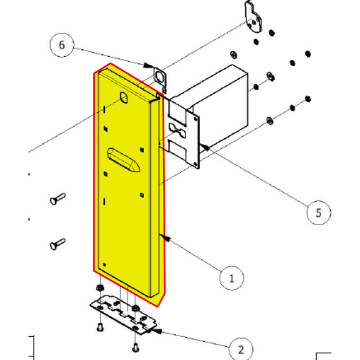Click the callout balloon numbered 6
(62, 45)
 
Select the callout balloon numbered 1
(231, 278)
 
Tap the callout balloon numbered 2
(241, 350)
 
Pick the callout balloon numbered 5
(317, 213)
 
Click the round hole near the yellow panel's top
(123, 98)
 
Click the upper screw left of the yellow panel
(57, 198)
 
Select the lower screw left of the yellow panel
(57, 243)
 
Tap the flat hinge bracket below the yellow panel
(124, 315)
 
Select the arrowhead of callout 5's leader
(203, 146)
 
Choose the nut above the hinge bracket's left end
(98, 287)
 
